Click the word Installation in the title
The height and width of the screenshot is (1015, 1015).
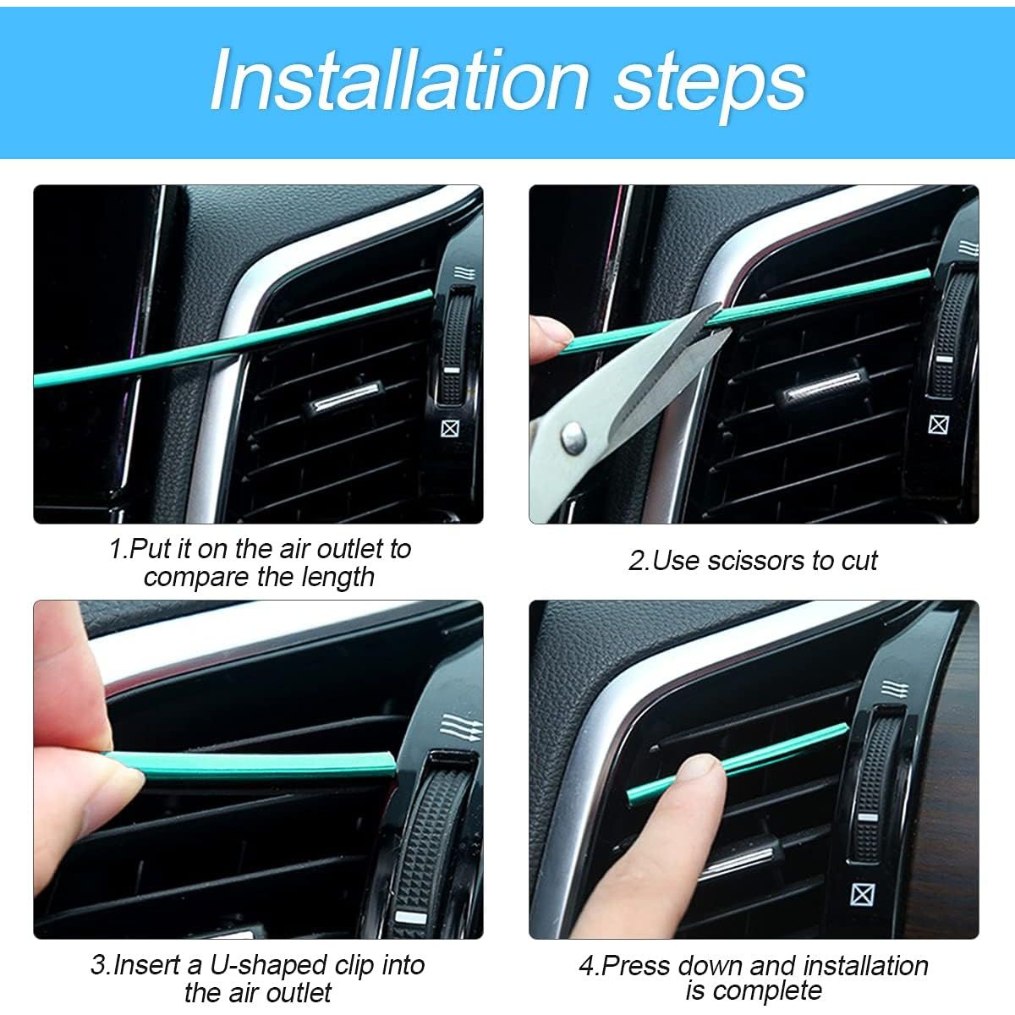[x=399, y=80]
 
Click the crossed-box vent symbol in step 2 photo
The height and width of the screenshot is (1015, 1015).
[x=938, y=425]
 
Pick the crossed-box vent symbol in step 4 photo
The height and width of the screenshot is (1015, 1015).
[x=863, y=894]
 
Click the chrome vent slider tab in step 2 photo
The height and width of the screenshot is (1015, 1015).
[x=825, y=395]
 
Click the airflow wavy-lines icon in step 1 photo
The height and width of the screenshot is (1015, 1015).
[x=464, y=273]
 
